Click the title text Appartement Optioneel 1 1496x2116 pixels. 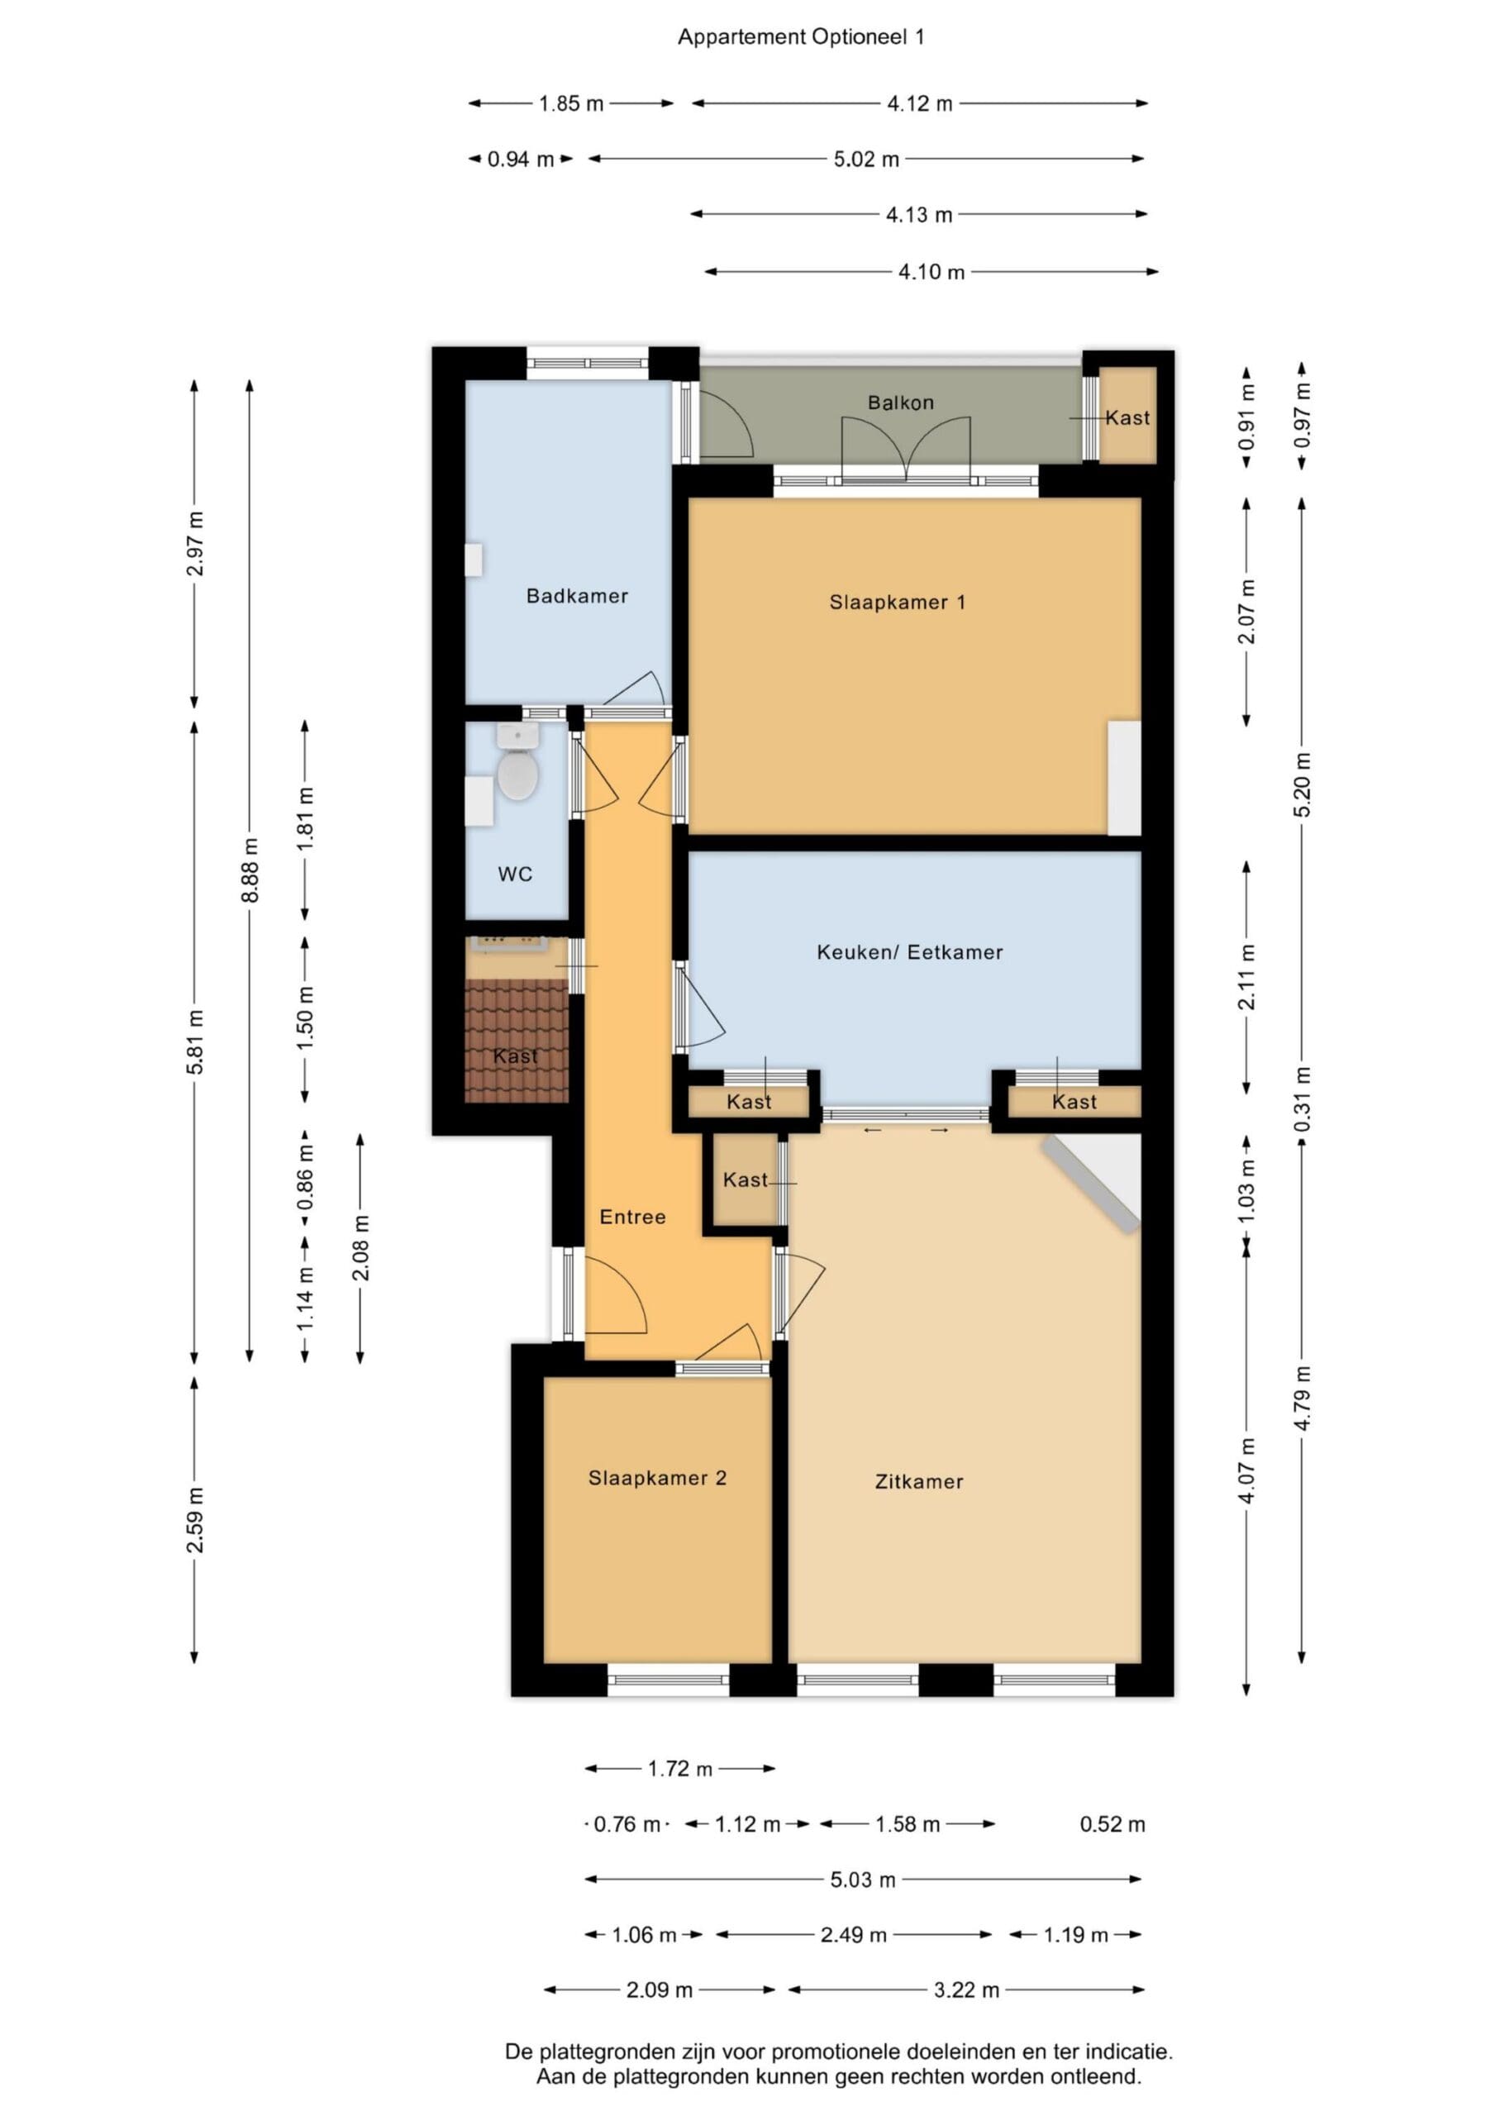pos(801,37)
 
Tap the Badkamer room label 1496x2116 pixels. pos(577,596)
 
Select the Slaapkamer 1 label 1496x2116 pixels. pos(898,603)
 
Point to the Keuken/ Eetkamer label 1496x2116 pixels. pos(910,952)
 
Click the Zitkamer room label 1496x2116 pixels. pos(919,1482)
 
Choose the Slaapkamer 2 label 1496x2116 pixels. pos(657,1478)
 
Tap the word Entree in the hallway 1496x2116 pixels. pos(632,1217)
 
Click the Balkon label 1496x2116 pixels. pos(901,403)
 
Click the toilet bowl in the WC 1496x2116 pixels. pos(517,775)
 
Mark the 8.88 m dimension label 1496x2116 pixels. pos(250,871)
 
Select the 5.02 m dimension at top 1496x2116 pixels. pos(866,159)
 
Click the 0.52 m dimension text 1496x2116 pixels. pos(1112,1824)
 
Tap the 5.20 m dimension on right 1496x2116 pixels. pos(1302,785)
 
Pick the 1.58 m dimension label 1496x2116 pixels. pos(908,1824)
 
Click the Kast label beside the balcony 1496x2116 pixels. pos(1127,417)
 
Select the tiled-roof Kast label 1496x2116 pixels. pos(515,1056)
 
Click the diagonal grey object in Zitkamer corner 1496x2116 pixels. pos(1091,1184)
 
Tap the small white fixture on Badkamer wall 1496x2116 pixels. pos(474,560)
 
